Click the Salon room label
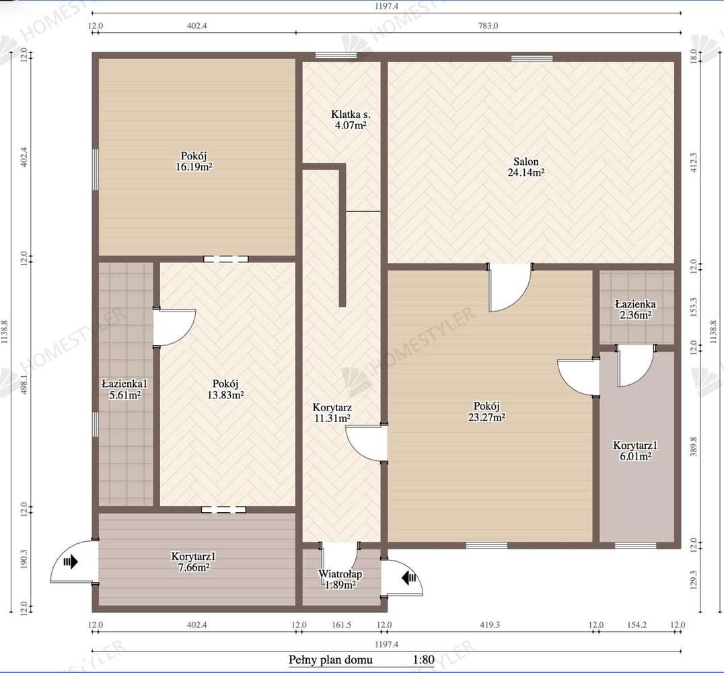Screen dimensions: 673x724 526,162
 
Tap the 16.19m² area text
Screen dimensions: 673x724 194,166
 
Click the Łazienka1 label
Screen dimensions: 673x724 124,384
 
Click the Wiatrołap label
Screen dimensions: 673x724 340,574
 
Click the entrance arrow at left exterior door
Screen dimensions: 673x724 70,561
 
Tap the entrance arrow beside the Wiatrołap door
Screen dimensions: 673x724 408,577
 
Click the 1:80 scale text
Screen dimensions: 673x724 423,660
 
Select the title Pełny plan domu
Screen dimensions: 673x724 330,660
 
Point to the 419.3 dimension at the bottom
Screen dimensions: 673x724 489,625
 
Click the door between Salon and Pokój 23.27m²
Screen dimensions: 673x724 509,288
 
